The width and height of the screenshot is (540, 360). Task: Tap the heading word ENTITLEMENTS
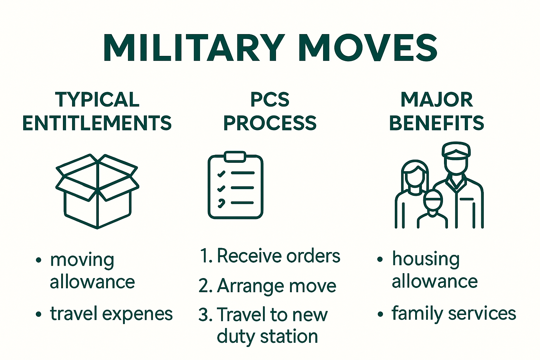pos(97,123)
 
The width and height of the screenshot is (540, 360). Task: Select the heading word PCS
pos(270,100)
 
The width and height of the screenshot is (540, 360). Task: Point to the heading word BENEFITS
pos(437,123)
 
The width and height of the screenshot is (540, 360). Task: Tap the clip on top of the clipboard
pos(235,156)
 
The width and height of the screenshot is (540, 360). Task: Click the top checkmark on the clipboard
pos(221,174)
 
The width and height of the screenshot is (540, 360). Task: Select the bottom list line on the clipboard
pos(242,203)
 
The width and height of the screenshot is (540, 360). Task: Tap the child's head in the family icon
pos(433,200)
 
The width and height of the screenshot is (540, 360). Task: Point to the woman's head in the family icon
pos(415,175)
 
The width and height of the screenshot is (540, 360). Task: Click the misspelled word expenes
pos(137,314)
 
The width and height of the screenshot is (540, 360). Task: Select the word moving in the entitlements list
pos(82,261)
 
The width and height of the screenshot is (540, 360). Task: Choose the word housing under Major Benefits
pos(426,259)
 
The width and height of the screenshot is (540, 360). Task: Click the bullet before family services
pos(380,314)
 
